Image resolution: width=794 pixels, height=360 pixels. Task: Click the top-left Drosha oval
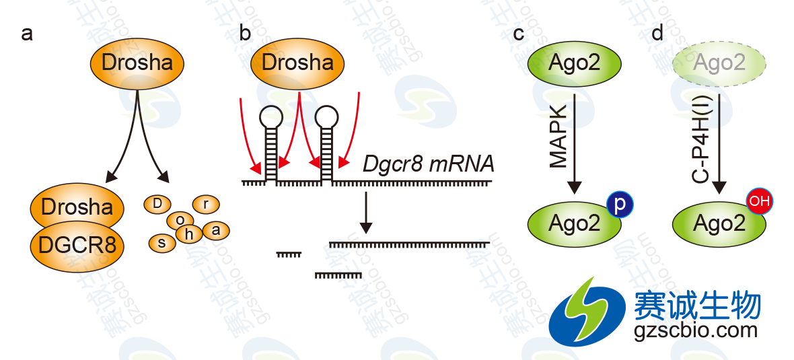click(137, 64)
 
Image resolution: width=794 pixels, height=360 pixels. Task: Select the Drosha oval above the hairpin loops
click(297, 64)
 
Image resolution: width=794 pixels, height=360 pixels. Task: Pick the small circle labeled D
click(157, 203)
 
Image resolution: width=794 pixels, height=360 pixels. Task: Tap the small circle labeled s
click(162, 243)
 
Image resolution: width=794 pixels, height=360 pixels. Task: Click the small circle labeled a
click(215, 230)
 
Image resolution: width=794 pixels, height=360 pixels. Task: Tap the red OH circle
click(759, 201)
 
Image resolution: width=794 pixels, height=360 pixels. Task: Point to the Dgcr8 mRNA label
click(429, 164)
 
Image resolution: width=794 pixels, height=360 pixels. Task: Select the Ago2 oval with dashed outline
click(719, 64)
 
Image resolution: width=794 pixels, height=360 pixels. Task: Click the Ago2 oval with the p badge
click(574, 223)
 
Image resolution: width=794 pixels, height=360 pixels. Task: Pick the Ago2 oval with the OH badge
click(718, 223)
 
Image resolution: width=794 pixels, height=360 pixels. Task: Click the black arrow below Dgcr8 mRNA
click(365, 211)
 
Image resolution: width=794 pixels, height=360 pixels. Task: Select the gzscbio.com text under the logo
click(696, 330)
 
